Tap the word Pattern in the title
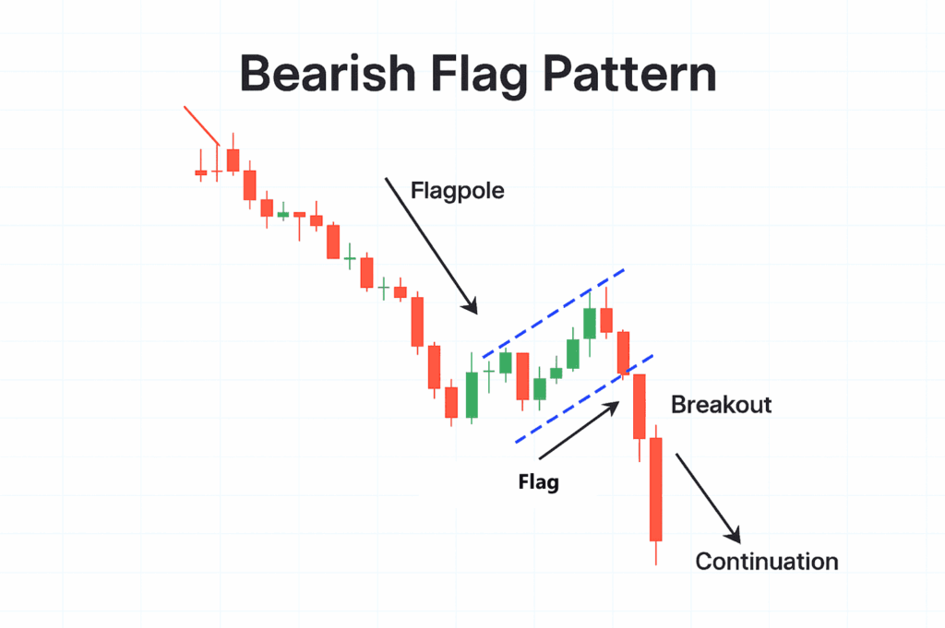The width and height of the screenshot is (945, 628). coord(626,75)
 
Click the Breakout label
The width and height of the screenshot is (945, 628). coord(721,405)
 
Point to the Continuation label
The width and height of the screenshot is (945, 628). coord(767,561)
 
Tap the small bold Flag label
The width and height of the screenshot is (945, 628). coord(539,481)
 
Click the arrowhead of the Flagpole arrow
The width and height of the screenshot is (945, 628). coord(472,309)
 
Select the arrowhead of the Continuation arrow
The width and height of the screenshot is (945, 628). coord(735,536)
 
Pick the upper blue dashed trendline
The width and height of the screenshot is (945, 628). coord(554,313)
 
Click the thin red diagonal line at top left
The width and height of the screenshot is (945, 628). coord(201,125)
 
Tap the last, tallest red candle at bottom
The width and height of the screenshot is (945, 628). coord(656,489)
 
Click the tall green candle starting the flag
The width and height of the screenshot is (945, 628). coord(472,395)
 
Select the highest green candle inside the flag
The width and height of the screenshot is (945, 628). coord(590,324)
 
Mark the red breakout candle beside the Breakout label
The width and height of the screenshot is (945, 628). coord(639,406)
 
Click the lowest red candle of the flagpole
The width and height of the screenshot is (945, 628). coord(451,402)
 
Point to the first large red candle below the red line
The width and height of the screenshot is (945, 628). coord(233,160)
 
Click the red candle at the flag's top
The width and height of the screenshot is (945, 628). coord(606,320)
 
